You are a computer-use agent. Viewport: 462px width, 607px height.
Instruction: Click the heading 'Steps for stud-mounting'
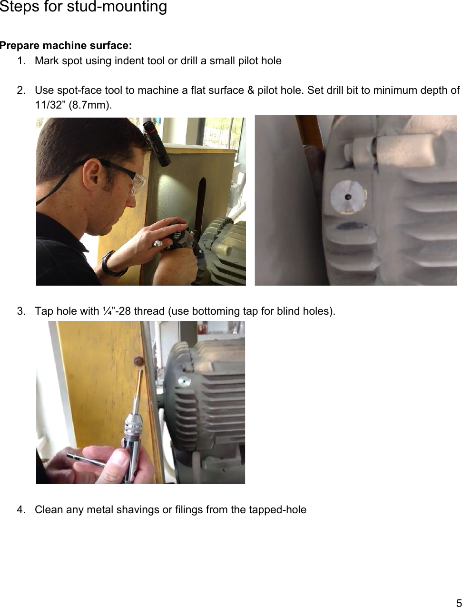(83, 7)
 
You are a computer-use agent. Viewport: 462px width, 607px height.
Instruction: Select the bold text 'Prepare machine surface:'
(66, 46)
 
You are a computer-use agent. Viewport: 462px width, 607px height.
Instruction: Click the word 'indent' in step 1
(129, 61)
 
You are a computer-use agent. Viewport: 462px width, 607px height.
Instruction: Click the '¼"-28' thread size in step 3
(117, 311)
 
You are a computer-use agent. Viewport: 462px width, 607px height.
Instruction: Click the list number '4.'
(21, 510)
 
